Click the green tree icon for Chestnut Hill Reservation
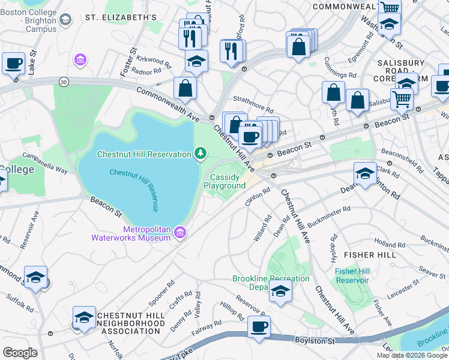point(200,155)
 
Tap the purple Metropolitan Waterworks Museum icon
point(180,233)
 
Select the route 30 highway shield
point(63,81)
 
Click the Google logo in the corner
point(20,352)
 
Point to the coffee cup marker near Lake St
point(13,63)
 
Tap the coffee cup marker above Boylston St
point(259,327)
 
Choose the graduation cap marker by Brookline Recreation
point(280,292)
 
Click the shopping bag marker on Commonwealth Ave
point(185,88)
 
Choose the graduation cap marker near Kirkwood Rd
point(196,61)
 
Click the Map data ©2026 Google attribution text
point(412,355)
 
